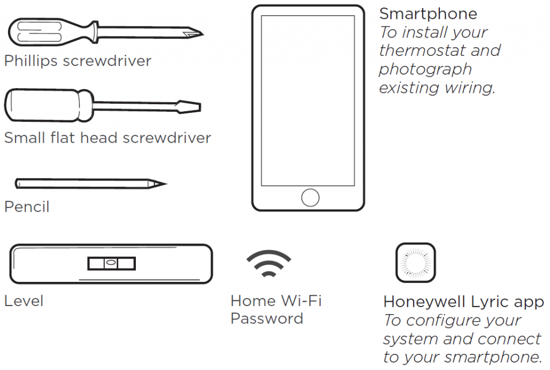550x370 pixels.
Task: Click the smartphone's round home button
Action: coord(310,198)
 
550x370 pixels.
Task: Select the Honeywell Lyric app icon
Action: coord(415,263)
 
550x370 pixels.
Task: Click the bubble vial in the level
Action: coord(111,263)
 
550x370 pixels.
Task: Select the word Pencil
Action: coord(27,207)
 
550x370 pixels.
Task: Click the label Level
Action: coord(24,301)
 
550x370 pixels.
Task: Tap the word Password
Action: coord(266,318)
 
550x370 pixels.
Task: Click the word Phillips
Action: coord(31,61)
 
